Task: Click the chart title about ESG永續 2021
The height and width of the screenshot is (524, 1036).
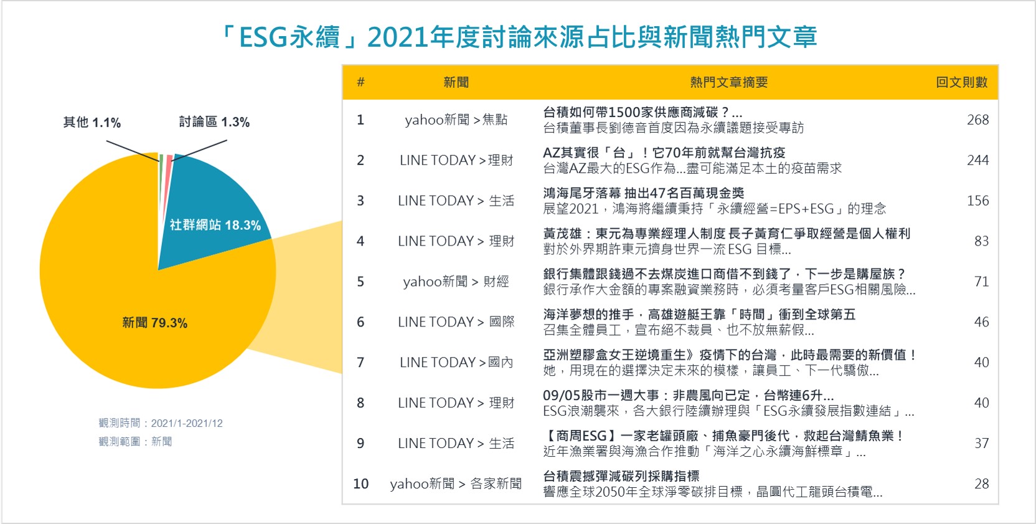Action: [517, 37]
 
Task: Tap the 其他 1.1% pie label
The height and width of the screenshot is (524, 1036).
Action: [92, 123]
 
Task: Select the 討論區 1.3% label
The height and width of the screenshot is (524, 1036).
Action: [214, 122]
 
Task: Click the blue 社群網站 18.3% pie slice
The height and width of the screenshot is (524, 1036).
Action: [217, 208]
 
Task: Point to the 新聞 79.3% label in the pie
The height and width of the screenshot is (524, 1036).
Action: [154, 323]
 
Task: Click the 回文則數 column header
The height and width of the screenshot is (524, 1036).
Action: [962, 82]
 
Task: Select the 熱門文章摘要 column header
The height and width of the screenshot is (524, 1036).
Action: [729, 82]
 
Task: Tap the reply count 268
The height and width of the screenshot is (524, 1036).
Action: [977, 120]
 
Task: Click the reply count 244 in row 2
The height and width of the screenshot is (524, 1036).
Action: [977, 160]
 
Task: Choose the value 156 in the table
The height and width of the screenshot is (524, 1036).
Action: [977, 201]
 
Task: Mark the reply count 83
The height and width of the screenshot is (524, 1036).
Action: [981, 241]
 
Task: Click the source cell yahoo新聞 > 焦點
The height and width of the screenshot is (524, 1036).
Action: [456, 120]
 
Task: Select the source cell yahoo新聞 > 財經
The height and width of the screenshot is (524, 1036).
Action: [456, 282]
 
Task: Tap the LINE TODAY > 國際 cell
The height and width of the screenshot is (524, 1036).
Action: [456, 322]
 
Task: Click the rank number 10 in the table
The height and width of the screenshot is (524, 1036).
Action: [360, 484]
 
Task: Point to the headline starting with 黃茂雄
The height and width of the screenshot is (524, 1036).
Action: [727, 234]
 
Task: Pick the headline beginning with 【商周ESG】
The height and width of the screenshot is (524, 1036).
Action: [723, 436]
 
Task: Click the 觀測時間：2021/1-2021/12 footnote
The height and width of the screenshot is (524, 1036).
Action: [161, 423]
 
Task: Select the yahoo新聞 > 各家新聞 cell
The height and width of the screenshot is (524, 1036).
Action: [456, 484]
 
